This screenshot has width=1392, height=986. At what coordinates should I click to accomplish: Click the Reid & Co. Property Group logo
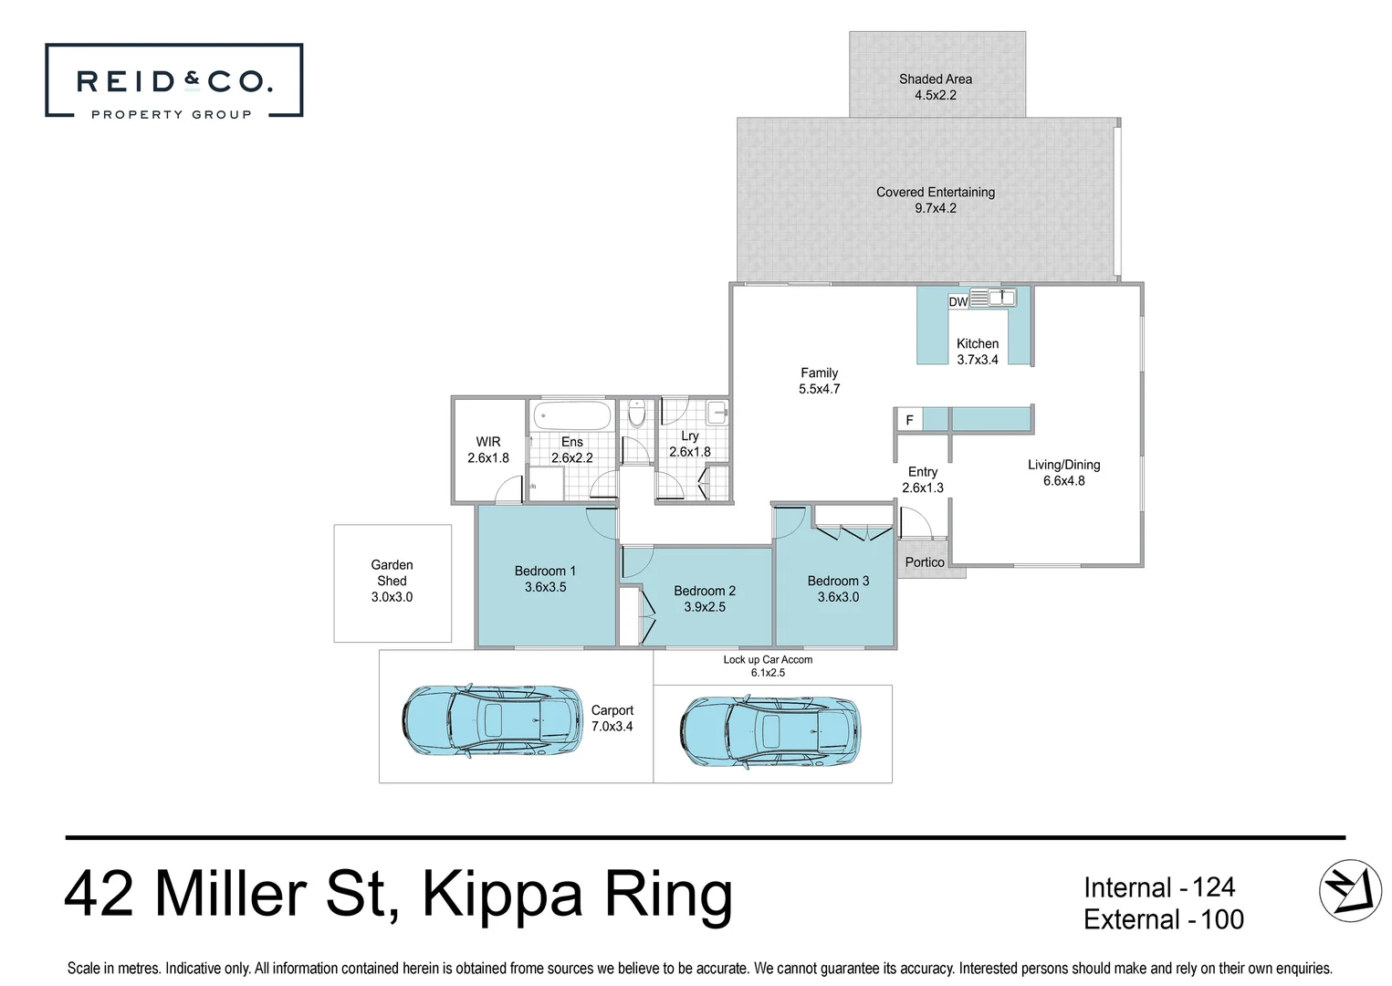pyautogui.click(x=173, y=81)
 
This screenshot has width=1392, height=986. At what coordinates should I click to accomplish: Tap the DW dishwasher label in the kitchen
pyautogui.click(x=958, y=302)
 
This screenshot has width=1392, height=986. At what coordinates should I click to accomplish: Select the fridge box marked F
pyautogui.click(x=909, y=420)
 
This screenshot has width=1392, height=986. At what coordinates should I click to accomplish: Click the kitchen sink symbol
pyautogui.click(x=1001, y=298)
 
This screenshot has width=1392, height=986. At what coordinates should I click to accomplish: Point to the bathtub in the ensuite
pyautogui.click(x=571, y=416)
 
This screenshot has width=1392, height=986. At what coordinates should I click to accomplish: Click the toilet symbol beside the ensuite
pyautogui.click(x=637, y=414)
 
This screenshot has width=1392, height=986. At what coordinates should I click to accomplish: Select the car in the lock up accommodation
pyautogui.click(x=770, y=731)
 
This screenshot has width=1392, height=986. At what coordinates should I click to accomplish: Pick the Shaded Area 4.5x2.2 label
pyautogui.click(x=936, y=87)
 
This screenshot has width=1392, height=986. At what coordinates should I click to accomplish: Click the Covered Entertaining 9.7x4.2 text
pyautogui.click(x=936, y=200)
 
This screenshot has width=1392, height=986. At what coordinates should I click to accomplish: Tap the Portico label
pyautogui.click(x=925, y=562)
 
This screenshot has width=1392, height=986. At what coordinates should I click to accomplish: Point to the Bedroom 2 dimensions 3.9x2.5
pyautogui.click(x=705, y=607)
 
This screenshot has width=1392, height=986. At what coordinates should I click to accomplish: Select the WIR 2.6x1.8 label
pyautogui.click(x=488, y=450)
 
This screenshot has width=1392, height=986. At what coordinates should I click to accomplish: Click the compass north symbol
pyautogui.click(x=1350, y=890)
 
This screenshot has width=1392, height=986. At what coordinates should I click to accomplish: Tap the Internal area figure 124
pyautogui.click(x=1213, y=887)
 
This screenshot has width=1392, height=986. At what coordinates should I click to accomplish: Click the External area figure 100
pyautogui.click(x=1222, y=919)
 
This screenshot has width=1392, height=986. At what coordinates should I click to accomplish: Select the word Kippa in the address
pyautogui.click(x=502, y=895)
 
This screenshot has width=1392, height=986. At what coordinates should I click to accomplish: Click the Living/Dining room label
pyautogui.click(x=1063, y=465)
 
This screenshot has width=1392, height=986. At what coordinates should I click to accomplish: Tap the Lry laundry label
pyautogui.click(x=690, y=436)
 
